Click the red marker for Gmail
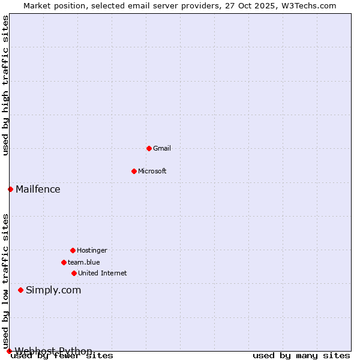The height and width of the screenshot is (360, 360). [149, 148]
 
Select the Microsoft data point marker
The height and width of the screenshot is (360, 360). [134, 171]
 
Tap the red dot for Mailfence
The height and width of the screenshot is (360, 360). [10, 189]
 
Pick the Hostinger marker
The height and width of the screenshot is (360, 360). [73, 250]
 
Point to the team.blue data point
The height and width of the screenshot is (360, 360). [64, 262]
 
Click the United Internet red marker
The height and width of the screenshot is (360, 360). [74, 273]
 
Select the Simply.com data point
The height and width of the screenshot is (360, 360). [20, 290]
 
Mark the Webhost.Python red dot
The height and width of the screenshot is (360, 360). [9, 351]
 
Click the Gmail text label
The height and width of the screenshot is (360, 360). [162, 148]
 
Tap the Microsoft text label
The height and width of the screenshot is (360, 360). [152, 171]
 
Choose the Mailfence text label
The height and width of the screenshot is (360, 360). [38, 189]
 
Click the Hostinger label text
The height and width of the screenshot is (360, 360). [92, 250]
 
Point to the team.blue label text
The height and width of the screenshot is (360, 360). [84, 262]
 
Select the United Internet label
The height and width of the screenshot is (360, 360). [102, 273]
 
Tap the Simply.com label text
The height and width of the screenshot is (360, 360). [53, 290]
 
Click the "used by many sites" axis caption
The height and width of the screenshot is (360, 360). [301, 356]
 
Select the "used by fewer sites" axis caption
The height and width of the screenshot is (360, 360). [62, 356]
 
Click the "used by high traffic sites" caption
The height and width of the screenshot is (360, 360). [5, 86]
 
